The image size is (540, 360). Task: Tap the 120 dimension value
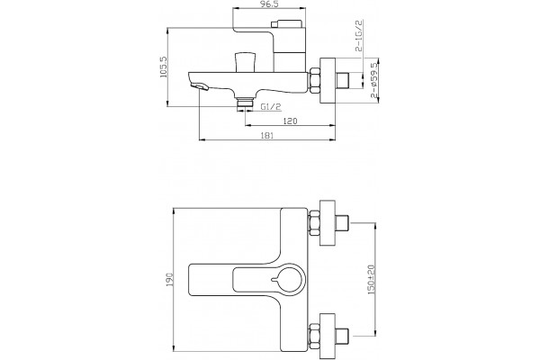pos(290,121)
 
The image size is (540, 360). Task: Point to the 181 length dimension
pos(267,135)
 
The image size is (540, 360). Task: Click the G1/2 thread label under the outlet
pos(271,107)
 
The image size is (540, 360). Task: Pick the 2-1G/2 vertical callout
pos(359,35)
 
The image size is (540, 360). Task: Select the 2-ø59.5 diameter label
pos(374,80)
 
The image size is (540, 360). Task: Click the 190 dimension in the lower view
pos(169,279)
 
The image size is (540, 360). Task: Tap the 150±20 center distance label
pos(371,280)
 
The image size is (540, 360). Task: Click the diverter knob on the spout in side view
pos(245,62)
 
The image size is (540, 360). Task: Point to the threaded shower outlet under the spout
pos(245,104)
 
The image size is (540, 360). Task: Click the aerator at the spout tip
pos(200,86)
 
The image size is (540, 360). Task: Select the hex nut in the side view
pos(315,81)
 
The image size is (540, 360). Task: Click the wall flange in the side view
pos(328,81)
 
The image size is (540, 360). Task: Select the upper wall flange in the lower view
pos(328,223)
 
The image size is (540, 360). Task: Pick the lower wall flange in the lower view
pos(328,337)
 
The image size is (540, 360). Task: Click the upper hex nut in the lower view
pos(314,223)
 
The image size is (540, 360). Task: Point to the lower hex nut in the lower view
pos(314,336)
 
